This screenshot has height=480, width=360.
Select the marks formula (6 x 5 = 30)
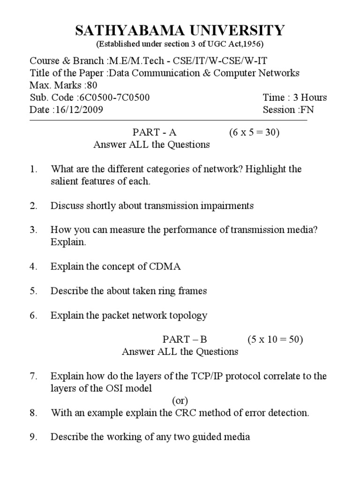254,133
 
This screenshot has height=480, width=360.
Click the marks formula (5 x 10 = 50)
275,339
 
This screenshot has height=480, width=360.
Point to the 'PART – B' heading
185,339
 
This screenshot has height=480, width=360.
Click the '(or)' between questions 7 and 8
180,401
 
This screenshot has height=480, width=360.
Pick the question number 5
33,291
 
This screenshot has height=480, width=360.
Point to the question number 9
33,437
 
